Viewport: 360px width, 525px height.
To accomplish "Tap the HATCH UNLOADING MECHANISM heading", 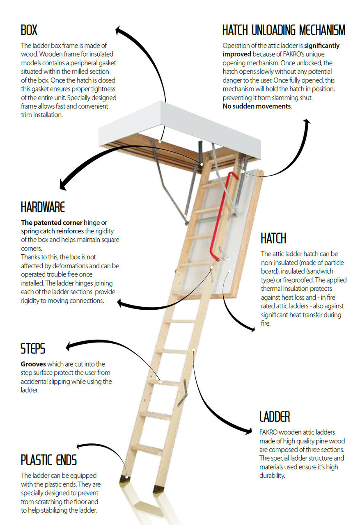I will (x=284, y=30).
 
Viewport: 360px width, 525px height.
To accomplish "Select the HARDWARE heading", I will (x=43, y=207).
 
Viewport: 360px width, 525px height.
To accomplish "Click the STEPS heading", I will (x=33, y=349).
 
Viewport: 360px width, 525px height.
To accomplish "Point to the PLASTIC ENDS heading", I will (x=49, y=460).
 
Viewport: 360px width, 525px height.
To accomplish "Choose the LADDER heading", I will (x=275, y=417).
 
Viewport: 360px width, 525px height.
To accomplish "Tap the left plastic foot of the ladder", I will (x=125, y=479).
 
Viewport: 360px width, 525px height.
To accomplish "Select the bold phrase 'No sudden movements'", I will (x=257, y=107).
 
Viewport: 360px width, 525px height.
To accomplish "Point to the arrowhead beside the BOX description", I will (x=119, y=30).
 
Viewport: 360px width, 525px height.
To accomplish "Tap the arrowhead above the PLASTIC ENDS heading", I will (x=80, y=446).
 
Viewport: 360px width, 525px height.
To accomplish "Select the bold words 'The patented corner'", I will (x=51, y=222).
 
